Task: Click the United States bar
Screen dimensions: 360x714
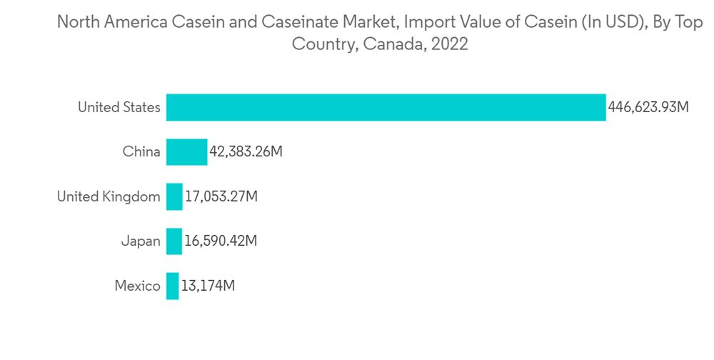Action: [386, 107]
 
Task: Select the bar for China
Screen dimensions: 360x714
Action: [187, 151]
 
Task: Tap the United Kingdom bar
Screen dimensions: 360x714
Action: [174, 196]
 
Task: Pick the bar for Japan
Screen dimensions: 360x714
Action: [174, 241]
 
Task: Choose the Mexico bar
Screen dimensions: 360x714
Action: [173, 286]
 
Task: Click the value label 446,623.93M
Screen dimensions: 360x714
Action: [648, 107]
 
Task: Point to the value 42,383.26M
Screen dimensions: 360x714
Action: [246, 151]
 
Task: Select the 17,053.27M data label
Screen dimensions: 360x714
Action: [221, 196]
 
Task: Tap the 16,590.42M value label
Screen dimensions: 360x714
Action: [221, 241]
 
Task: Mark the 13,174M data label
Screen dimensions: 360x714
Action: [208, 286]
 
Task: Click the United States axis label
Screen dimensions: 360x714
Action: [119, 107]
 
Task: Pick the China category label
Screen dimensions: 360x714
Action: [141, 151]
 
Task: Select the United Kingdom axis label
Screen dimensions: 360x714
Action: [109, 196]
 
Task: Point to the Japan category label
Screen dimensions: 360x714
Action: [141, 241]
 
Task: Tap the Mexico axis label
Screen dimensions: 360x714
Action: [138, 286]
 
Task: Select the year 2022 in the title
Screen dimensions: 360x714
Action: [450, 44]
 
